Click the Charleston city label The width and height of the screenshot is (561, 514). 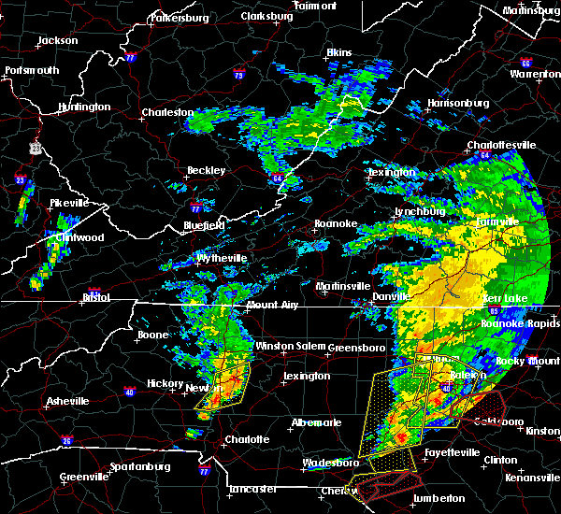[166, 113]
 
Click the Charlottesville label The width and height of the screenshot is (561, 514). [502, 146]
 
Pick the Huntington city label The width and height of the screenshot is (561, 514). [83, 107]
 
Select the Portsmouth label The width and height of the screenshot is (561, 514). [32, 70]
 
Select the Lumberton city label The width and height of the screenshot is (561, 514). [439, 498]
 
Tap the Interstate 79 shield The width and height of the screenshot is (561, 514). [239, 75]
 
